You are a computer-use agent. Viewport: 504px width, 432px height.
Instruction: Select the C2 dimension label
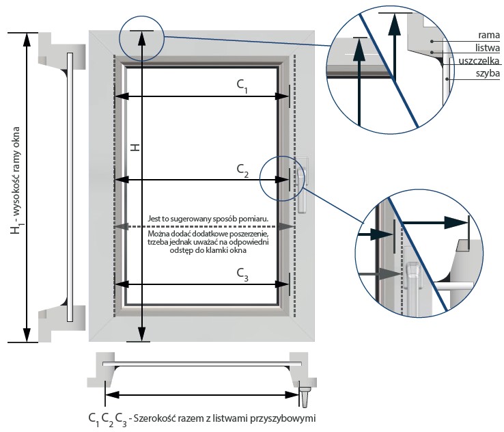(x=242, y=168)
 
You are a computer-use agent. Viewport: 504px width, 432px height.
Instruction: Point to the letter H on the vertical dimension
(x=135, y=148)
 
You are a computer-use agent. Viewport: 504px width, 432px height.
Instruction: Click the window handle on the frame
(x=301, y=185)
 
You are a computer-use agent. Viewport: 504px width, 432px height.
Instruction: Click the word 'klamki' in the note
(x=214, y=251)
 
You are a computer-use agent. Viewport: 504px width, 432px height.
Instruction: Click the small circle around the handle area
(x=287, y=178)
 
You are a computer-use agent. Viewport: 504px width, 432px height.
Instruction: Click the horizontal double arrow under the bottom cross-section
(x=201, y=394)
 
